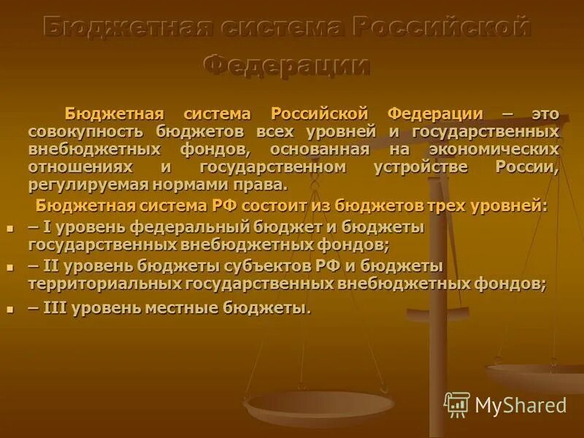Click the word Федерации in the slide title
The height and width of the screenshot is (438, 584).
point(286,65)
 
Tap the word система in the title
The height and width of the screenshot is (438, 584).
point(272,28)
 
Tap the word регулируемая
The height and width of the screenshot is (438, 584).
point(82,184)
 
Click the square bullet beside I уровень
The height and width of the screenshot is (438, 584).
point(10,228)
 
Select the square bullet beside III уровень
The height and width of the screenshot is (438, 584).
point(10,310)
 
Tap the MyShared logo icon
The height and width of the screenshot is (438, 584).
point(457,404)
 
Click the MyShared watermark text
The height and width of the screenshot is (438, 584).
point(520,405)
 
